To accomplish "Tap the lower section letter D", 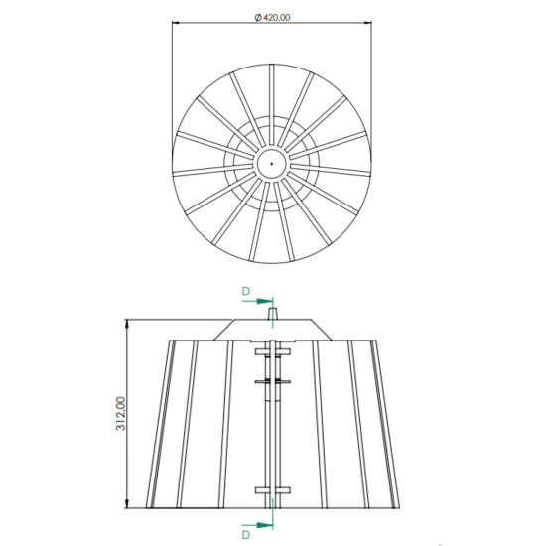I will [244, 535].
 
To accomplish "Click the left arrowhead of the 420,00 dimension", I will [176, 25].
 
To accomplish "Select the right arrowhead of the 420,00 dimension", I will [368, 25].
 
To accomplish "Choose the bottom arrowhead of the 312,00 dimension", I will [129, 507].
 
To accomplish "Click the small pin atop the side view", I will [272, 313].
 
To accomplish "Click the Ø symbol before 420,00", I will [257, 17].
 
